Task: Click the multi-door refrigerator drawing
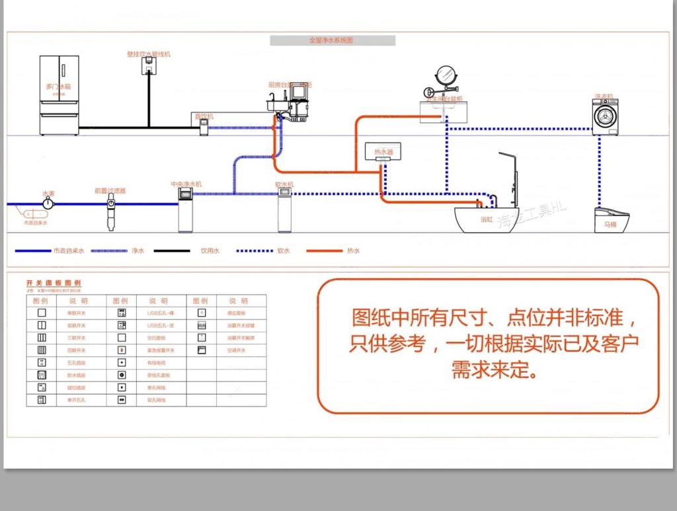59,95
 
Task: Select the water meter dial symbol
48,204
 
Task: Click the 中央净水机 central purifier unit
186,210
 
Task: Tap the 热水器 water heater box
383,153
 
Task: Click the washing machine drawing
605,117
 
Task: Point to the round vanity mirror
446,75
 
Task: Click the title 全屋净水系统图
332,40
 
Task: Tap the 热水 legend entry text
354,251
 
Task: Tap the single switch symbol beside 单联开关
41,313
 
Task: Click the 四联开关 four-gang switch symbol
41,350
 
